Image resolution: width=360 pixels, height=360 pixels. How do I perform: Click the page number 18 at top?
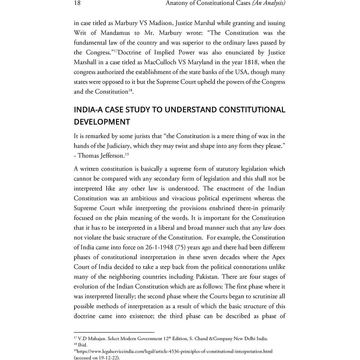tap(77, 4)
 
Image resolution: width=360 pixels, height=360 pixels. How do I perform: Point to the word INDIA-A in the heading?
tap(88, 109)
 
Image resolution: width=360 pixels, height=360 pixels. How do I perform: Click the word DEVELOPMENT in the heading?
tap(102, 122)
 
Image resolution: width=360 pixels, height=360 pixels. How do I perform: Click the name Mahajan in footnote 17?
tap(96, 339)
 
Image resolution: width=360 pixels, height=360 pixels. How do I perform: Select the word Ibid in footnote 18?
tap(83, 345)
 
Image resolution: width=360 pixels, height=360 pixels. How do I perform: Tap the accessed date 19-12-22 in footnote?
tap(107, 357)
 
